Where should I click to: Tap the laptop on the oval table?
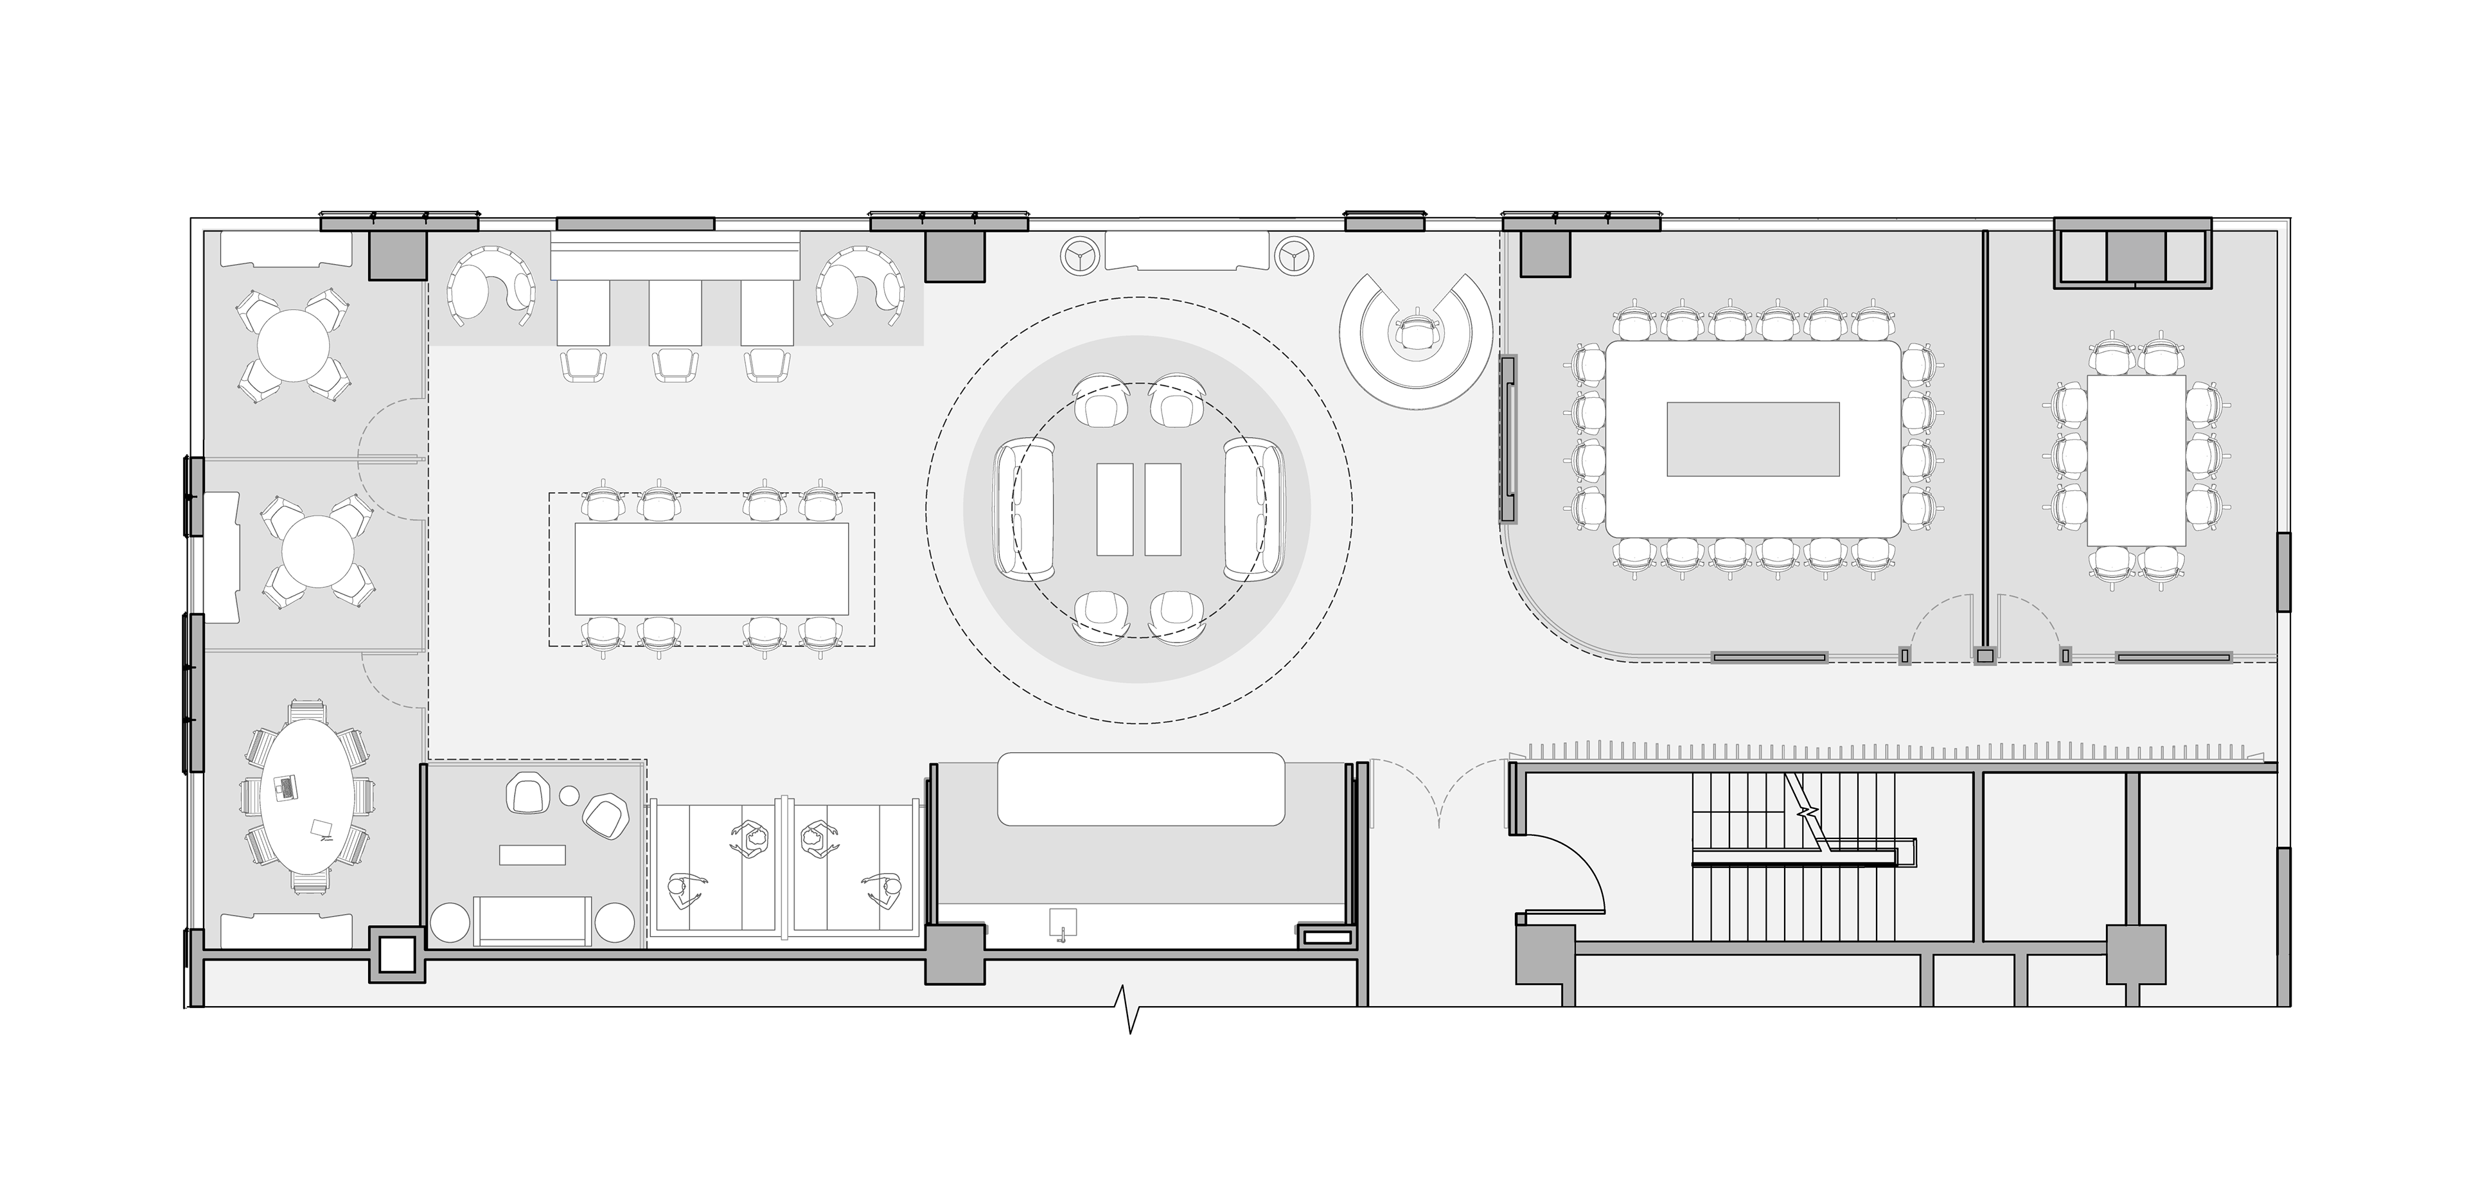pos(285,787)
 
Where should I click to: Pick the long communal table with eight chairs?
pos(712,568)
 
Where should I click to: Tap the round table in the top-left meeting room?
pos(292,347)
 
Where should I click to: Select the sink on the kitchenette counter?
pos(1062,923)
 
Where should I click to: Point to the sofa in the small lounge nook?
pos(533,921)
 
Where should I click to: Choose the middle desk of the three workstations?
pos(675,313)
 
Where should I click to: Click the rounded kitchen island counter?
pos(1140,788)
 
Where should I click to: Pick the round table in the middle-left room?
pos(318,554)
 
